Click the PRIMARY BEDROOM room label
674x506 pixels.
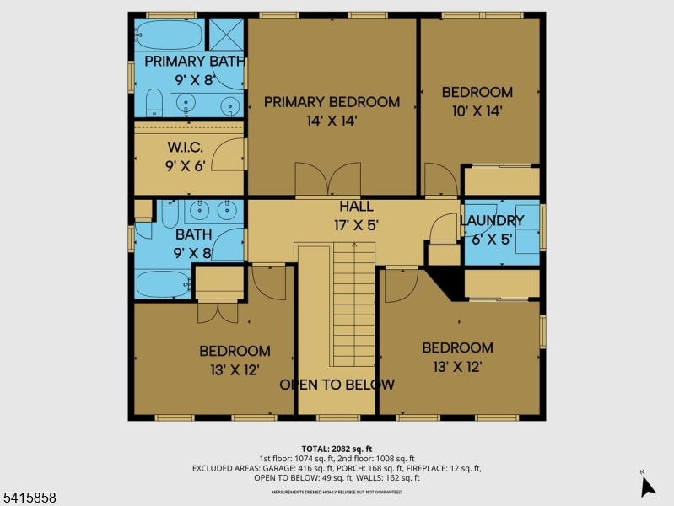tap(332, 102)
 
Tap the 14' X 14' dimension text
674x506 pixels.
tap(332, 121)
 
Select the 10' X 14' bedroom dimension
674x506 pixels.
tap(477, 110)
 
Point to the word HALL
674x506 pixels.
tap(356, 207)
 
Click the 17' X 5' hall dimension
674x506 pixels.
tap(356, 225)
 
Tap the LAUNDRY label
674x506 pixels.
tap(492, 221)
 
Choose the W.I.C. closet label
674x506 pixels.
tap(185, 148)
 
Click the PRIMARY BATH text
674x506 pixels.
tap(194, 62)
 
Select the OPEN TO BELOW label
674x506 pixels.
tap(337, 385)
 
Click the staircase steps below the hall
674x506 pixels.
tap(353, 304)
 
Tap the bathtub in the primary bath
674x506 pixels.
tap(169, 35)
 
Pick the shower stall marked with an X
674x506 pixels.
tap(225, 35)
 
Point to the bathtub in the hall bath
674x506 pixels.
tap(163, 284)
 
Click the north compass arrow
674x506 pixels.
tap(647, 485)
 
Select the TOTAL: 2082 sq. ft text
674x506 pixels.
tap(337, 449)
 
